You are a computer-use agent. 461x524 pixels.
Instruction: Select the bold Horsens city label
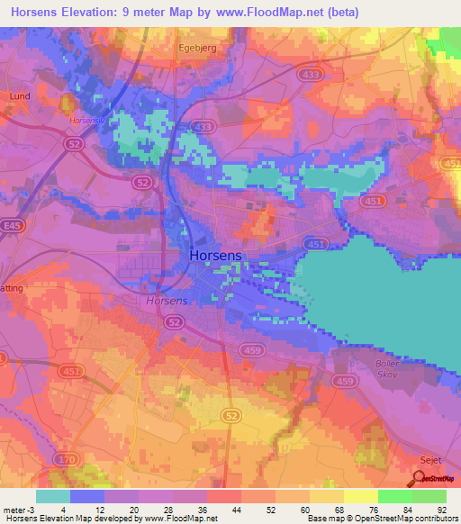pyautogui.click(x=215, y=256)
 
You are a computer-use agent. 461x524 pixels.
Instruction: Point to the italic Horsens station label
pyautogui.click(x=167, y=302)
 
